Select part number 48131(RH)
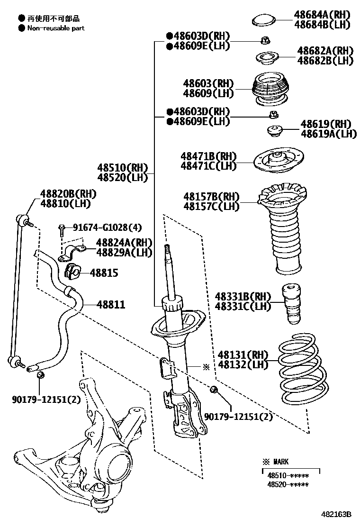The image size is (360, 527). tap(243, 355)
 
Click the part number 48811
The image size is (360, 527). tap(111, 304)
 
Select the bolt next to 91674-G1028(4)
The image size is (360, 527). tap(62, 230)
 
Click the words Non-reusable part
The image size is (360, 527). tap(55, 28)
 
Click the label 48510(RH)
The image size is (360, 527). tap(123, 168)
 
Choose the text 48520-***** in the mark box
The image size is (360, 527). tap(288, 484)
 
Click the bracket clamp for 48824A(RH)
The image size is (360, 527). tap(71, 253)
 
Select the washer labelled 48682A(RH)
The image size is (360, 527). tap(267, 58)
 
